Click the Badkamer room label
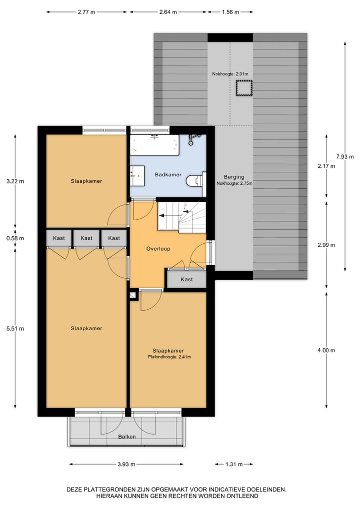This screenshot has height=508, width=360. [168, 175]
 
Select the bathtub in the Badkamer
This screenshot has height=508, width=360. [154, 145]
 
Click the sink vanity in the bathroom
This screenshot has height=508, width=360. [137, 175]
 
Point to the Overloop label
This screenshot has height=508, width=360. [158, 248]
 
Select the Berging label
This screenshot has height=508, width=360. [234, 177]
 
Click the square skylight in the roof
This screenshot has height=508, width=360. [243, 88]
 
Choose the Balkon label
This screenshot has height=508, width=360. [127, 437]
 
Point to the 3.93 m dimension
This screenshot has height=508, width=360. [126, 464]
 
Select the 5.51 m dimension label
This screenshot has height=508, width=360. [15, 328]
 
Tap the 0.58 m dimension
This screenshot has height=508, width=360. [15, 238]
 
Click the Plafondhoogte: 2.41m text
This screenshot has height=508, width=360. [169, 357]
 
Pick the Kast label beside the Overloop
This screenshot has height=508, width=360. [186, 279]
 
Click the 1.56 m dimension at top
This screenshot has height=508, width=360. [230, 12]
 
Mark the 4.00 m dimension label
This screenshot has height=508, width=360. [326, 350]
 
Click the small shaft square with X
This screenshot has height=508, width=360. [133, 296]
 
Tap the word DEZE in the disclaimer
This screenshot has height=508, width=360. [75, 490]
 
